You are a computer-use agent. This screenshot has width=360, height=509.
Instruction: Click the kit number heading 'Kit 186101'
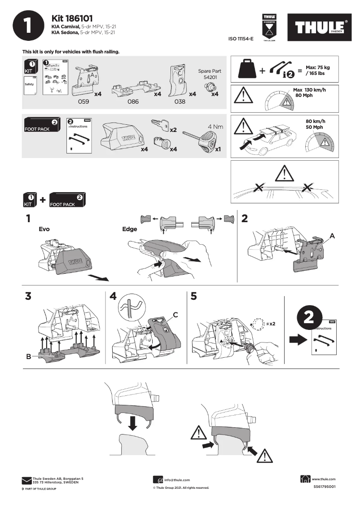click(72, 18)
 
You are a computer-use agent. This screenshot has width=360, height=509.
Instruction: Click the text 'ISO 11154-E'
click(241, 39)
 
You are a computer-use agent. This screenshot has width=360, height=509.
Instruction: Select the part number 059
click(83, 102)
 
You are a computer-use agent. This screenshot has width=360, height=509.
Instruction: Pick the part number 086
click(133, 102)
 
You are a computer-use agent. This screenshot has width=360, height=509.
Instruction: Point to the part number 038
click(180, 102)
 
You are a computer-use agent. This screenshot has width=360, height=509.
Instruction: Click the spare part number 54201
click(210, 77)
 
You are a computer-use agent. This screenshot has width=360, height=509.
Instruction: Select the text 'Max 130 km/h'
click(309, 90)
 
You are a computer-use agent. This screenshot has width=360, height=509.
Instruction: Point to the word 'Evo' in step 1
click(44, 229)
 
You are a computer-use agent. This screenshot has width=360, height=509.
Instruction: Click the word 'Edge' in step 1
click(129, 229)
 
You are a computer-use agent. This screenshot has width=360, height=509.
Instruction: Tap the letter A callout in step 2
click(333, 236)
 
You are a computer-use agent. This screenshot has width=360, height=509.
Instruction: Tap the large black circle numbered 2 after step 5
click(309, 317)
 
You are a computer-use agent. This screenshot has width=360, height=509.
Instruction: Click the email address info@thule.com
click(176, 480)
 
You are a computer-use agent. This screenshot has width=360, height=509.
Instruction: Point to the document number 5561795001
click(324, 487)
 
